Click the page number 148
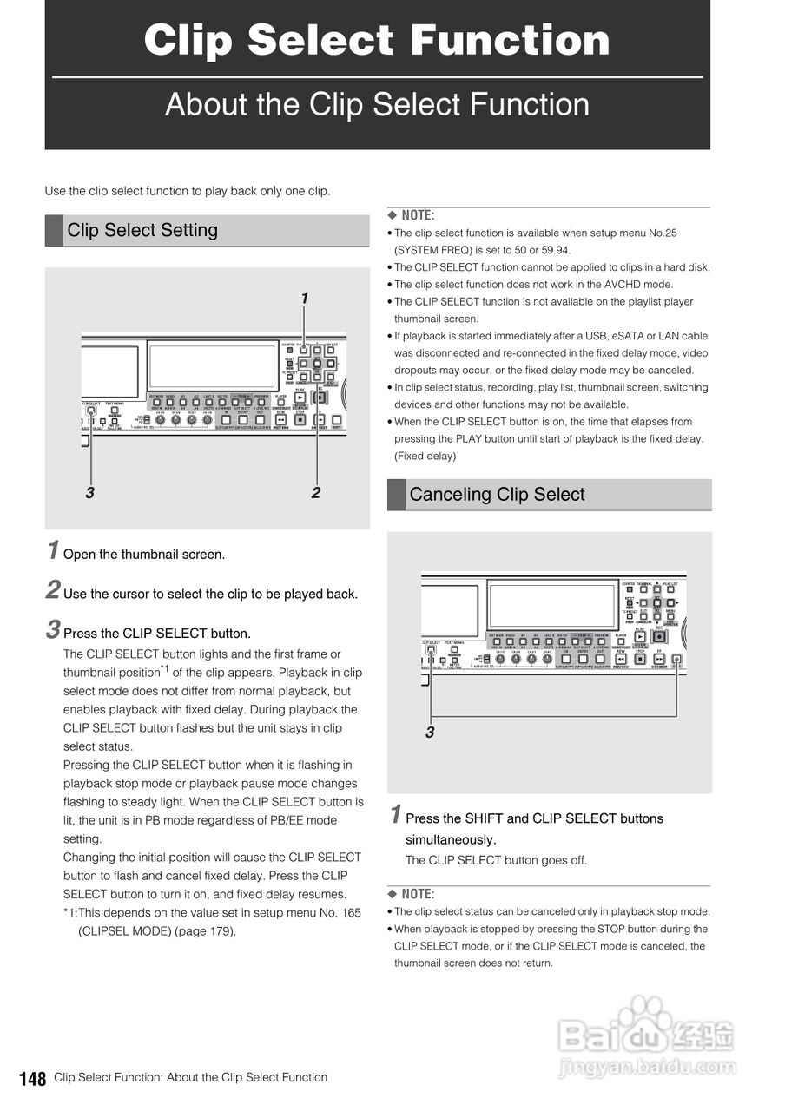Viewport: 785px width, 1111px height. point(33,1079)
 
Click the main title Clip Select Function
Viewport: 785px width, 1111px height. point(377,40)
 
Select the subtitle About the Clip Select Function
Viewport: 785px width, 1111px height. point(377,104)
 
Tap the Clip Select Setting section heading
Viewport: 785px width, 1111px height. point(142,230)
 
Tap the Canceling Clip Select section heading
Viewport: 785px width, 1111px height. point(497,495)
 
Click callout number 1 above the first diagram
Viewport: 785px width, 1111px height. point(304,298)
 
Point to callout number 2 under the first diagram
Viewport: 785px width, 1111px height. point(316,492)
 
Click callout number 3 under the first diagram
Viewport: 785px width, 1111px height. point(89,492)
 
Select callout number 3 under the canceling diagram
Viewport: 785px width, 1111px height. point(430,733)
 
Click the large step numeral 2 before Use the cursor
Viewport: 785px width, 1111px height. point(53,592)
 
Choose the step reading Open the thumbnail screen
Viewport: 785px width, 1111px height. point(144,555)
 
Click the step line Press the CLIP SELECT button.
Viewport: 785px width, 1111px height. point(157,634)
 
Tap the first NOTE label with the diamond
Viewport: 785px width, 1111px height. point(412,215)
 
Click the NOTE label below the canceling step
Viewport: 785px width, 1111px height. point(412,894)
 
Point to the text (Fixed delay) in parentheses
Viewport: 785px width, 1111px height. point(425,456)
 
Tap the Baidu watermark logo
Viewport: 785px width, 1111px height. point(647,1037)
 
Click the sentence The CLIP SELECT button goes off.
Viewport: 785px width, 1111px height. point(496,860)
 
